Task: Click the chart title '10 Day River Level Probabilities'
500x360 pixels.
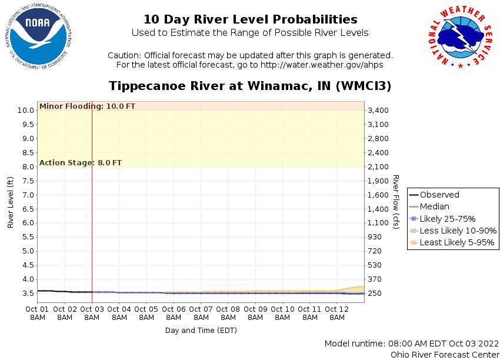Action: tap(250, 19)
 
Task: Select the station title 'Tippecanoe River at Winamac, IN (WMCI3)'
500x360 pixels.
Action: tap(250, 86)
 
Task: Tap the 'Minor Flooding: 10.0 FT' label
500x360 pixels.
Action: tap(87, 106)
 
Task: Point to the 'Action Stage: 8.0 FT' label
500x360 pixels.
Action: tap(81, 162)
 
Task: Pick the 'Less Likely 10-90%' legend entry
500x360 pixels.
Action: tap(458, 231)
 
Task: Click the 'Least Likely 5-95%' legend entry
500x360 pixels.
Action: tap(457, 242)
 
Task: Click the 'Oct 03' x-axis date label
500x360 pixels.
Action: tap(92, 309)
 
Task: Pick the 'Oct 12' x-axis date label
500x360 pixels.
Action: tap(336, 309)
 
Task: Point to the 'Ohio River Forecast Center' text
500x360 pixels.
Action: tap(445, 354)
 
